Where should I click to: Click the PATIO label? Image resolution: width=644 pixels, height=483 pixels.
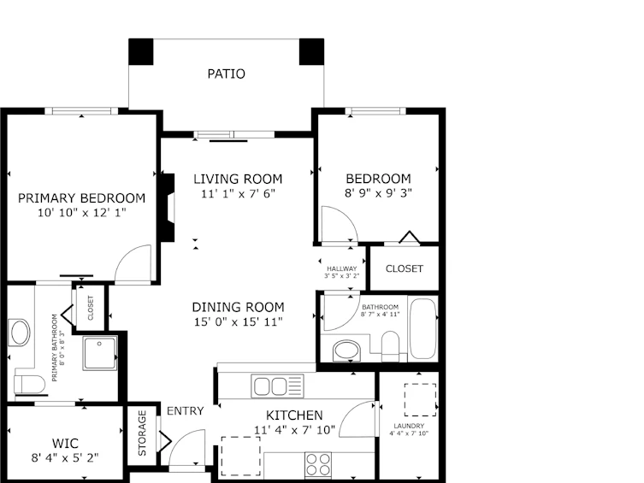pyautogui.click(x=227, y=74)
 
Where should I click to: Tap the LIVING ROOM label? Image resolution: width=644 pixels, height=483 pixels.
pyautogui.click(x=238, y=179)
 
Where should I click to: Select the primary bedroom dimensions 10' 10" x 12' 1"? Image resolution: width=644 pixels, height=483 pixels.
pyautogui.click(x=82, y=213)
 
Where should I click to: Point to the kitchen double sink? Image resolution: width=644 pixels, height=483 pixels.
pyautogui.click(x=278, y=386)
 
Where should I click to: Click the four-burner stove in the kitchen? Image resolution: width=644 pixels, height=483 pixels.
pyautogui.click(x=318, y=465)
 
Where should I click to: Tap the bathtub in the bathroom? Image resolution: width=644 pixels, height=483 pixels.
pyautogui.click(x=422, y=328)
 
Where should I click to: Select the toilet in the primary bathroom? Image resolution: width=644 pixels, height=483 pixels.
pyautogui.click(x=30, y=385)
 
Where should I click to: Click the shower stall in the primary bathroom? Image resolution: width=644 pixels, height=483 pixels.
pyautogui.click(x=100, y=353)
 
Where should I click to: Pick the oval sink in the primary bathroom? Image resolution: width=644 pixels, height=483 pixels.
pyautogui.click(x=20, y=333)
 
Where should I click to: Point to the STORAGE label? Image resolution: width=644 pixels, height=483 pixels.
pyautogui.click(x=142, y=433)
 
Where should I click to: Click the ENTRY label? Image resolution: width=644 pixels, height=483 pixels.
pyautogui.click(x=186, y=411)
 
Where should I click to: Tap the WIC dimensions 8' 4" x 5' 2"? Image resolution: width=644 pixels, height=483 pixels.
pyautogui.click(x=65, y=457)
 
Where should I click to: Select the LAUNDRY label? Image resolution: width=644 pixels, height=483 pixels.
pyautogui.click(x=409, y=426)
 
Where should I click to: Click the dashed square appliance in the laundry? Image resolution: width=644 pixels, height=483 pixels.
pyautogui.click(x=420, y=400)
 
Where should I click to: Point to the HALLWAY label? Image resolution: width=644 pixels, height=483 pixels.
pyautogui.click(x=342, y=268)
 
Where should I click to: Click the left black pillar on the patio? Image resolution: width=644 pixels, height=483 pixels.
pyautogui.click(x=141, y=51)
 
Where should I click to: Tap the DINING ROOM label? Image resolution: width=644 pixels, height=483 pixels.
pyautogui.click(x=239, y=308)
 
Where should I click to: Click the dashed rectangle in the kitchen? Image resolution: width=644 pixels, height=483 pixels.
pyautogui.click(x=240, y=456)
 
